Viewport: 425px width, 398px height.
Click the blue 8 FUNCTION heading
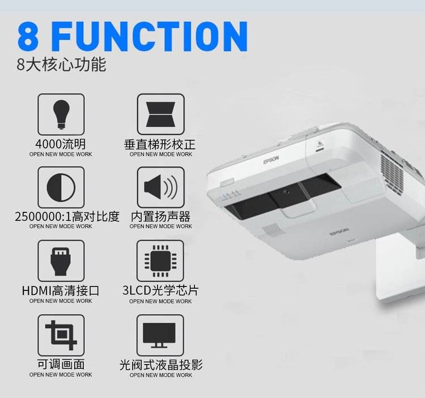133,36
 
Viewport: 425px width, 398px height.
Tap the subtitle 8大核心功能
61,65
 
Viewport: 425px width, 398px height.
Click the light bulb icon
61,114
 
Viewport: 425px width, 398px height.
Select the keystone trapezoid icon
161,114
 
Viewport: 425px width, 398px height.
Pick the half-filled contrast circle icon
61,187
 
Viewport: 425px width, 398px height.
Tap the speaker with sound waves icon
161,187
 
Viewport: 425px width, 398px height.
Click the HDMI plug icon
61,261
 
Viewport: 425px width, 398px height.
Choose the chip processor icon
160,261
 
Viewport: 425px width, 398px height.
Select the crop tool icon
61,335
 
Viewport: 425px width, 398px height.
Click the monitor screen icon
159,335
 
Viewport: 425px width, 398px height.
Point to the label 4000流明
61,144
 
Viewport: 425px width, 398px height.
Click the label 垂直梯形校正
160,144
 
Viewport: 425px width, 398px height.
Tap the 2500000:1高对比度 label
67,217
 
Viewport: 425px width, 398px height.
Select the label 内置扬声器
161,217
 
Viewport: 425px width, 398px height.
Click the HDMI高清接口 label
61,291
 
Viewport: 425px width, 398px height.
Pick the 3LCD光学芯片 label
160,290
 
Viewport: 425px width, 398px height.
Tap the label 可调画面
61,365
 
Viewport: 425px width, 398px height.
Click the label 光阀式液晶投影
161,365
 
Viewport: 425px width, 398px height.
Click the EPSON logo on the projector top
271,160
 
